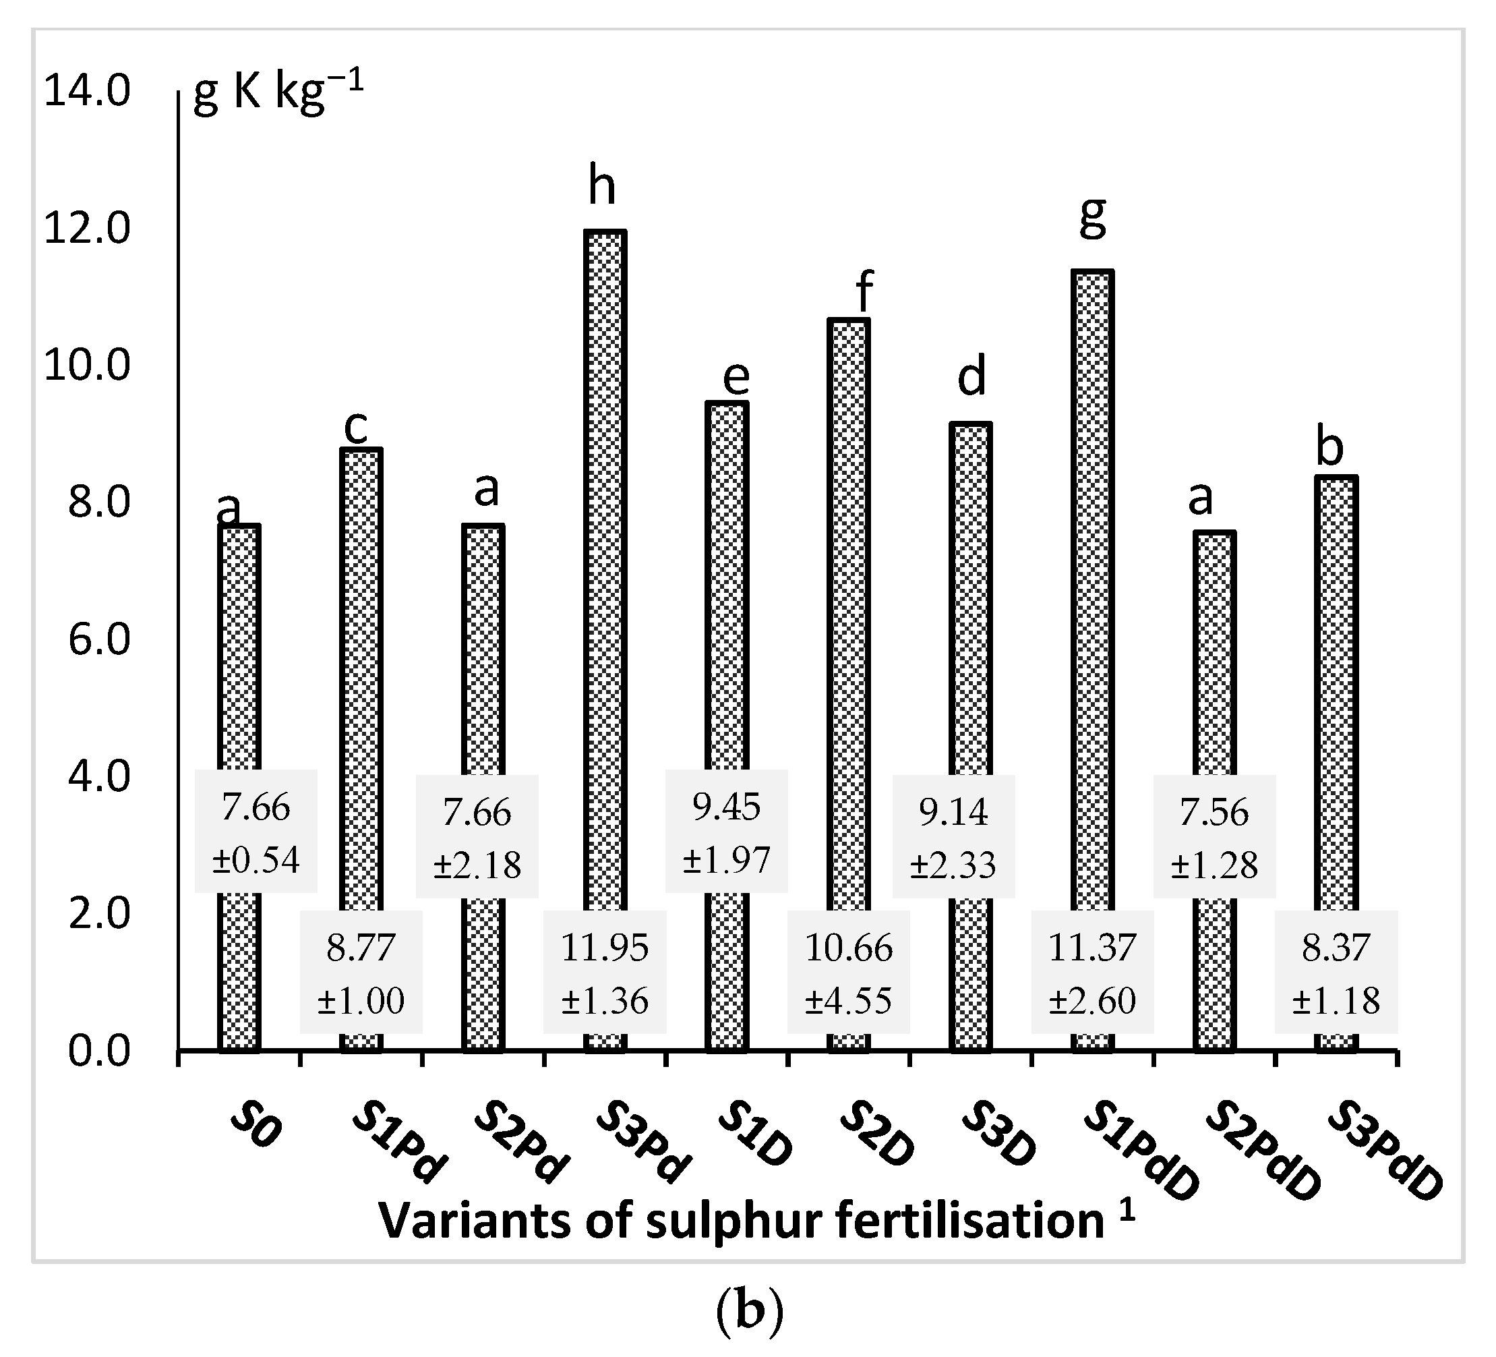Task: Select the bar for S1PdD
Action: (1092, 594)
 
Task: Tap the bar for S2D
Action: (848, 616)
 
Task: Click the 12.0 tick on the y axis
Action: (87, 229)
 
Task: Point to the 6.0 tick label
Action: (98, 639)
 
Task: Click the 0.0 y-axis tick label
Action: (98, 1052)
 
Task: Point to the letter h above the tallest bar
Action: (602, 186)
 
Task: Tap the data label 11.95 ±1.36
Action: (605, 973)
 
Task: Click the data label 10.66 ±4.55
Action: (848, 973)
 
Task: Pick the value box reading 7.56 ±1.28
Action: (1214, 836)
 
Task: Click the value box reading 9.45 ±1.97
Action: (727, 832)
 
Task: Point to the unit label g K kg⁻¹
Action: (278, 94)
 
